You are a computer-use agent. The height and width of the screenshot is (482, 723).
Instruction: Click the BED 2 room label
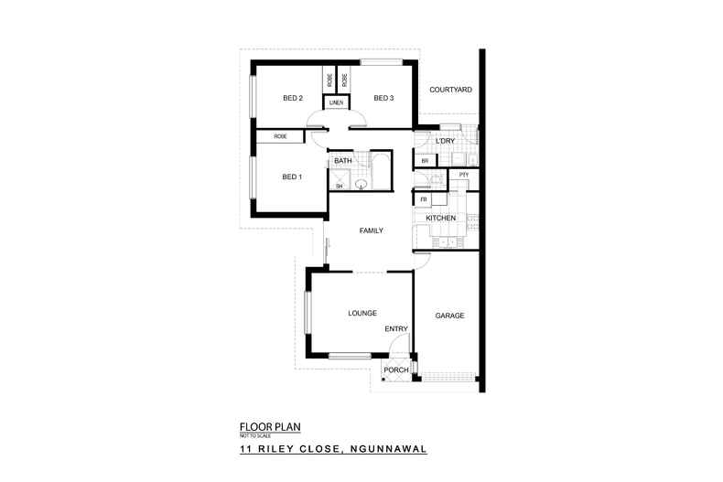293,98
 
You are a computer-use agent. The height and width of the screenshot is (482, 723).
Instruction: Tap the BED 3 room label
383,98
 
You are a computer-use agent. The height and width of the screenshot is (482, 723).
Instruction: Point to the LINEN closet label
336,103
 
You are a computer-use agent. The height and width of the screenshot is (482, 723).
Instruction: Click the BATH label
343,161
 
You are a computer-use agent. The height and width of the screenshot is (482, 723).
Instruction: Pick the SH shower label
339,186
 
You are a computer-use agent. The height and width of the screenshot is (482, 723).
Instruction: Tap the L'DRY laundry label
447,140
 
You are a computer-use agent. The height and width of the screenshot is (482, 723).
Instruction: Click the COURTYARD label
450,89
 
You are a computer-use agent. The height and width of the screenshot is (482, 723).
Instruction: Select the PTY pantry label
463,174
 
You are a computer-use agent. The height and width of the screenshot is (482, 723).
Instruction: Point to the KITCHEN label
441,218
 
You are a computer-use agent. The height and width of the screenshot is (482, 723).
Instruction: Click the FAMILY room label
370,230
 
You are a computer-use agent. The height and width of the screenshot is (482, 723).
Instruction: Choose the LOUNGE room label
362,313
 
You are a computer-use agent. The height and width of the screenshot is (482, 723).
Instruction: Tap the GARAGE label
449,316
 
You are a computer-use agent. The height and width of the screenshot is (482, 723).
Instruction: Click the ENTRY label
395,329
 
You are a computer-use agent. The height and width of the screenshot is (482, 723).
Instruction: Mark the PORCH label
396,370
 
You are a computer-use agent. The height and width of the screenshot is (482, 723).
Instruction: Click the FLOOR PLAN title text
270,426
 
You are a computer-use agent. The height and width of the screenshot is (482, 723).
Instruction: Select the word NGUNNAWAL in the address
385,450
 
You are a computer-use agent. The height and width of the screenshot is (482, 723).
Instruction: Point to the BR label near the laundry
425,162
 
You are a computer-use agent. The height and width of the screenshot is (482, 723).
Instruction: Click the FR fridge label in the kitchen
424,198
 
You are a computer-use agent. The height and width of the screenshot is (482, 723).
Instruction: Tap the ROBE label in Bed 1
279,136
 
